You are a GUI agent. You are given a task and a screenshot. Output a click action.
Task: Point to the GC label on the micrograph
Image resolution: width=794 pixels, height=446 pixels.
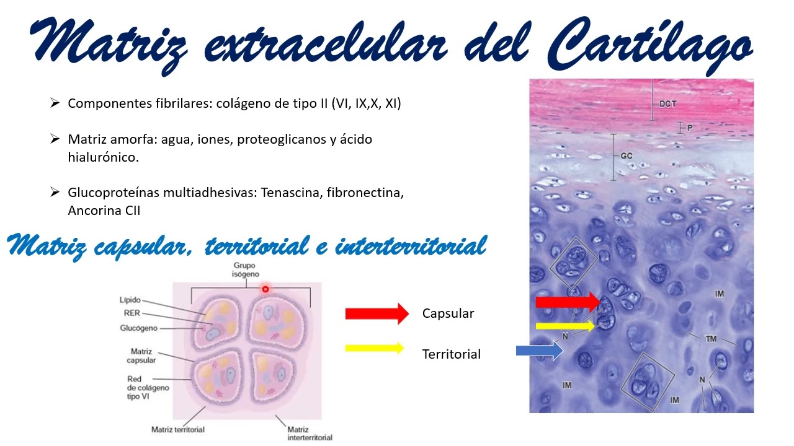pyautogui.click(x=626, y=156)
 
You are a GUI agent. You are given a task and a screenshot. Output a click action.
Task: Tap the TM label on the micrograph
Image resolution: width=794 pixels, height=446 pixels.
pyautogui.click(x=711, y=339)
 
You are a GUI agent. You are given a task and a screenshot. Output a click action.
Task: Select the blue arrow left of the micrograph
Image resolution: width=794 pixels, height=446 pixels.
pyautogui.click(x=539, y=351)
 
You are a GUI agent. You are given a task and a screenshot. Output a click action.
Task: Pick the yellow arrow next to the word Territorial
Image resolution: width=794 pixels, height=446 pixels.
pyautogui.click(x=374, y=348)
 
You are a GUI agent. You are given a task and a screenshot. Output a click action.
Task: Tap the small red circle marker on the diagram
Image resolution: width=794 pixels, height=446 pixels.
pyautogui.click(x=265, y=289)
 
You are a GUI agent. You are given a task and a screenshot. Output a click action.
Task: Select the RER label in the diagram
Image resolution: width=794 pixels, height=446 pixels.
pyautogui.click(x=132, y=313)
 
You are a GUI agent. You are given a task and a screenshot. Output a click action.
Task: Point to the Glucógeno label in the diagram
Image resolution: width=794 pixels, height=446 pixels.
pyautogui.click(x=138, y=328)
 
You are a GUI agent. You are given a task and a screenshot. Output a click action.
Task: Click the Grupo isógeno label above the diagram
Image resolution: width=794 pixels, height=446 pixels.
pyautogui.click(x=246, y=269)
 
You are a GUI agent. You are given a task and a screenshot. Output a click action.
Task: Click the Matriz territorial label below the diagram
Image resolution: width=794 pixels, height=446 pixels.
pyautogui.click(x=178, y=429)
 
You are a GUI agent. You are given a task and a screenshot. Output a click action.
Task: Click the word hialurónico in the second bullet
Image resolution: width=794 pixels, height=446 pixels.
pyautogui.click(x=104, y=157)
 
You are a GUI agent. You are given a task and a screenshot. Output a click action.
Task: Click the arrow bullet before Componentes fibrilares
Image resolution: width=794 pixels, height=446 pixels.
pyautogui.click(x=55, y=103)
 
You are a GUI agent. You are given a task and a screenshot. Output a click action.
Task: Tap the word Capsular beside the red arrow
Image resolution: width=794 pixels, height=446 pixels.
pyautogui.click(x=448, y=313)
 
